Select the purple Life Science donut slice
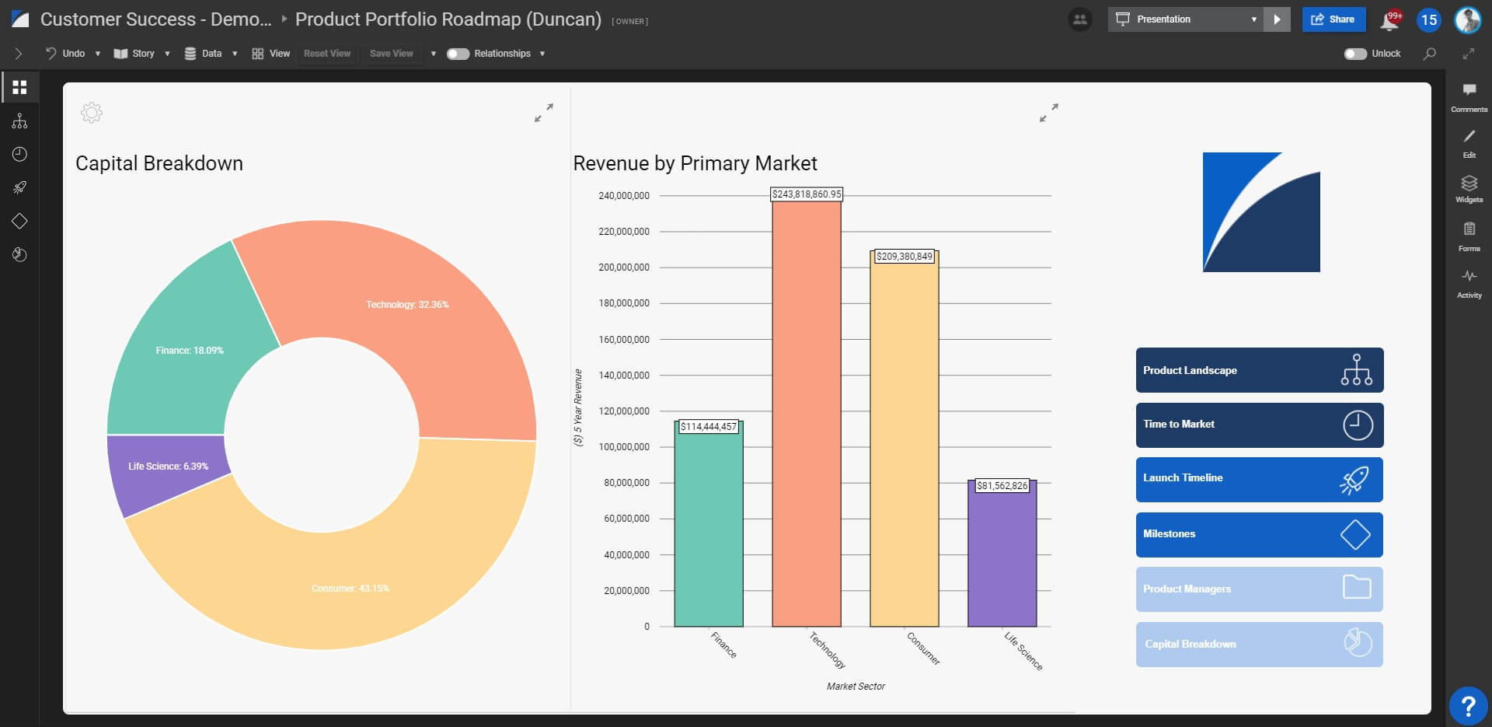pos(163,470)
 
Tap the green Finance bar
pos(708,529)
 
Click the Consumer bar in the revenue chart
pos(904,443)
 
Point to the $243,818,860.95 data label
pos(807,194)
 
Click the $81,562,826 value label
pos(1002,486)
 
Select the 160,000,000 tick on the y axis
pos(624,340)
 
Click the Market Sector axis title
pos(856,687)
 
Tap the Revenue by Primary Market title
pos(695,163)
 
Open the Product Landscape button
pos(1259,370)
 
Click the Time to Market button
pos(1259,425)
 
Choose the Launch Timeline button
pos(1259,479)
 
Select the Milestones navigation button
pos(1259,534)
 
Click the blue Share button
pos(1333,19)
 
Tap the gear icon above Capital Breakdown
pos(92,113)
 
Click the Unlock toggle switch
pos(1355,54)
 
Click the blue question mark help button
pos(1468,706)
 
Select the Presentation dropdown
pos(1186,19)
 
